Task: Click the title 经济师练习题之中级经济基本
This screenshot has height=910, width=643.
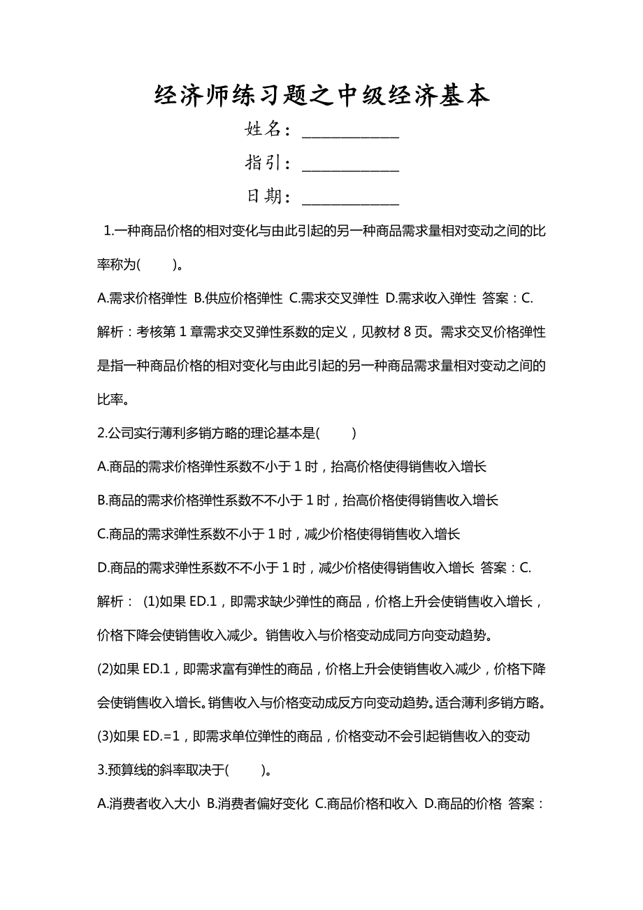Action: coord(321,96)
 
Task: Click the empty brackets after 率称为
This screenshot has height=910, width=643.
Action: coord(157,265)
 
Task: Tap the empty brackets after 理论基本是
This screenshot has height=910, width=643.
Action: coord(337,433)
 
